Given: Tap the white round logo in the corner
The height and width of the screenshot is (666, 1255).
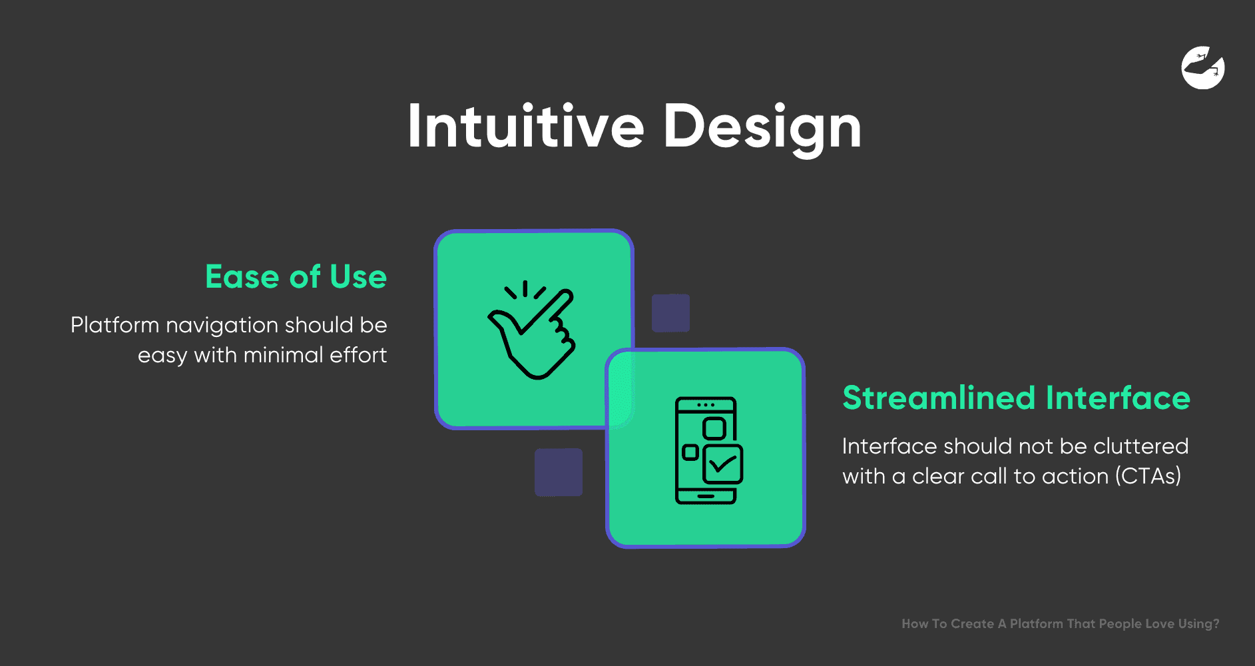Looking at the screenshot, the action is click(1203, 67).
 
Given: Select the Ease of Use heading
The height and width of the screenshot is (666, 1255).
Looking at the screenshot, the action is click(296, 276).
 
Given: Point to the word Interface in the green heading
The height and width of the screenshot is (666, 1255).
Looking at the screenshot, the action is click(1118, 398).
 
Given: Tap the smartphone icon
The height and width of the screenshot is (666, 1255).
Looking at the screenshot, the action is click(708, 450).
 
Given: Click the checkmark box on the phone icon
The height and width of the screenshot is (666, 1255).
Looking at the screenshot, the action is click(722, 464).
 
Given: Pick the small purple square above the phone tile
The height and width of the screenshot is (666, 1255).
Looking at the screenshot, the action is click(670, 313).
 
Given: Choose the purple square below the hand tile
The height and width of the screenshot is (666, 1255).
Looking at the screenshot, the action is click(559, 472).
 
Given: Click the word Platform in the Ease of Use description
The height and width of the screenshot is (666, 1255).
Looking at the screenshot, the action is click(115, 325).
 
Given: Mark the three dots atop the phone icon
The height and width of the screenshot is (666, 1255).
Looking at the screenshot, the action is click(706, 405).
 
